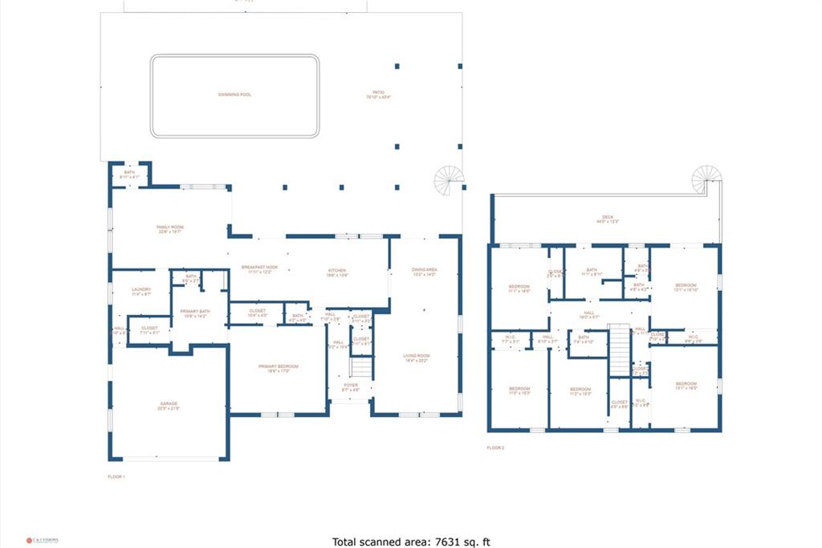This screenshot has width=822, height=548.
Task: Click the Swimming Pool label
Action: [234, 95]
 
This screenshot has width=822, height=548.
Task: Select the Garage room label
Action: [169, 405]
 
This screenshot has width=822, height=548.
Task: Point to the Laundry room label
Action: [141, 291]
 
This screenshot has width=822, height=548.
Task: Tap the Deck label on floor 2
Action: [608, 219]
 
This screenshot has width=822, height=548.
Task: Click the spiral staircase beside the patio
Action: [450, 179]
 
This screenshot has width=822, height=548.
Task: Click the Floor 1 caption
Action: [116, 476]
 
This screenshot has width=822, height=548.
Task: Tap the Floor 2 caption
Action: [495, 448]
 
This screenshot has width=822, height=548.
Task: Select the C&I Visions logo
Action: [42, 540]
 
